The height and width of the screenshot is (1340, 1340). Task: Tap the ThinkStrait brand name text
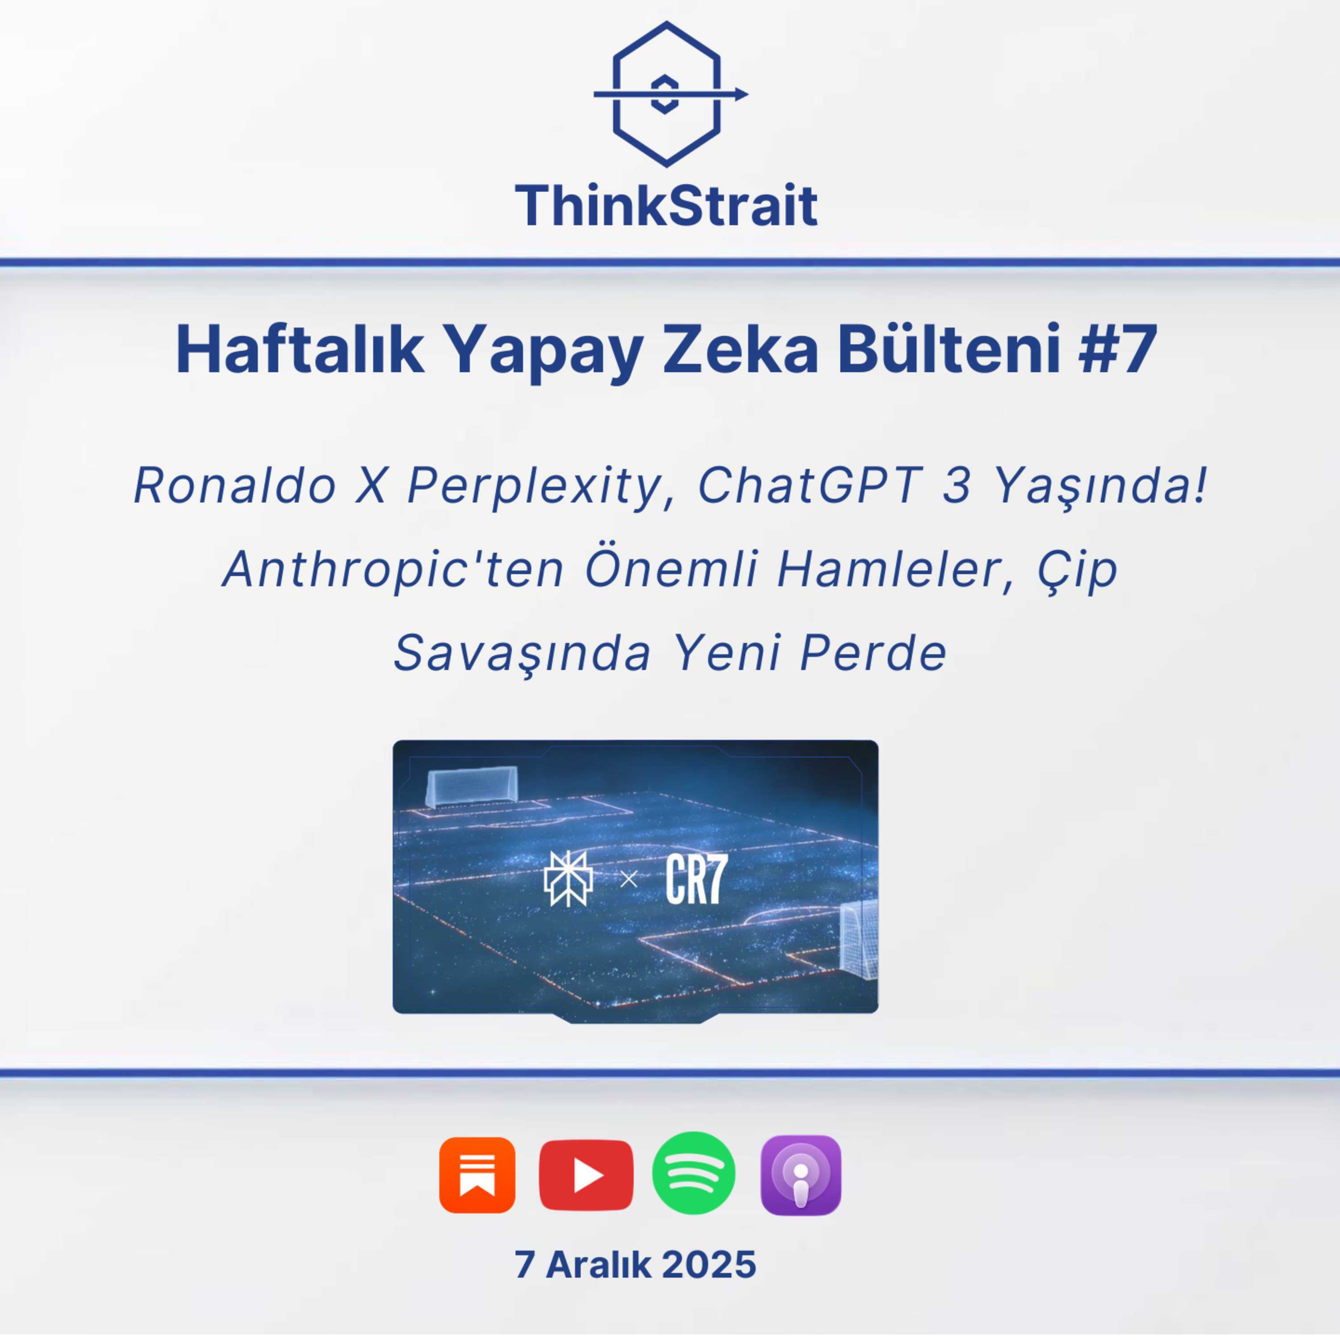tap(666, 205)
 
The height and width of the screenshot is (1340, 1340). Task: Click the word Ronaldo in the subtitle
tap(235, 486)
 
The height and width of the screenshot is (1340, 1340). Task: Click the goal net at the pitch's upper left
tap(472, 786)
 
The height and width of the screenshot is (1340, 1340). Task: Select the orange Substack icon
tap(477, 1175)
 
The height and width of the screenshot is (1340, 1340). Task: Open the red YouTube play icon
tap(586, 1175)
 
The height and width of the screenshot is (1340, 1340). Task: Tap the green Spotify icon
tap(694, 1173)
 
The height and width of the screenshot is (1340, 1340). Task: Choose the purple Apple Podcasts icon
tap(801, 1175)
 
